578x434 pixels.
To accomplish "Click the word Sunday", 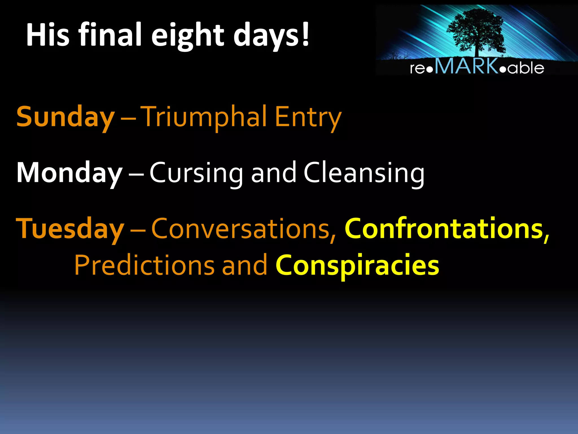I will point(65,117).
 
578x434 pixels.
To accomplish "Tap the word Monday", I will point(69,173).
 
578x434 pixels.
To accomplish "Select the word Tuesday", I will point(70,229).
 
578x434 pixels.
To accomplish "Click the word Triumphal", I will point(204,117).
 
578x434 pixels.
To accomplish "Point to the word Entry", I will point(308,117).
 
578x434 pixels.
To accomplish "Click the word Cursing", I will point(196,173).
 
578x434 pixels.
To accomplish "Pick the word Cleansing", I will point(364,173).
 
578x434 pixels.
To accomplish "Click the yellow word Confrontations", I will point(444,229).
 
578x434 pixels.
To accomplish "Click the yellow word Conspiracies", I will point(357,265).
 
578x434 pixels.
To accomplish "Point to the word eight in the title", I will point(188,35).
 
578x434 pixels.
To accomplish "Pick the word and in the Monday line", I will point(273,173).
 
